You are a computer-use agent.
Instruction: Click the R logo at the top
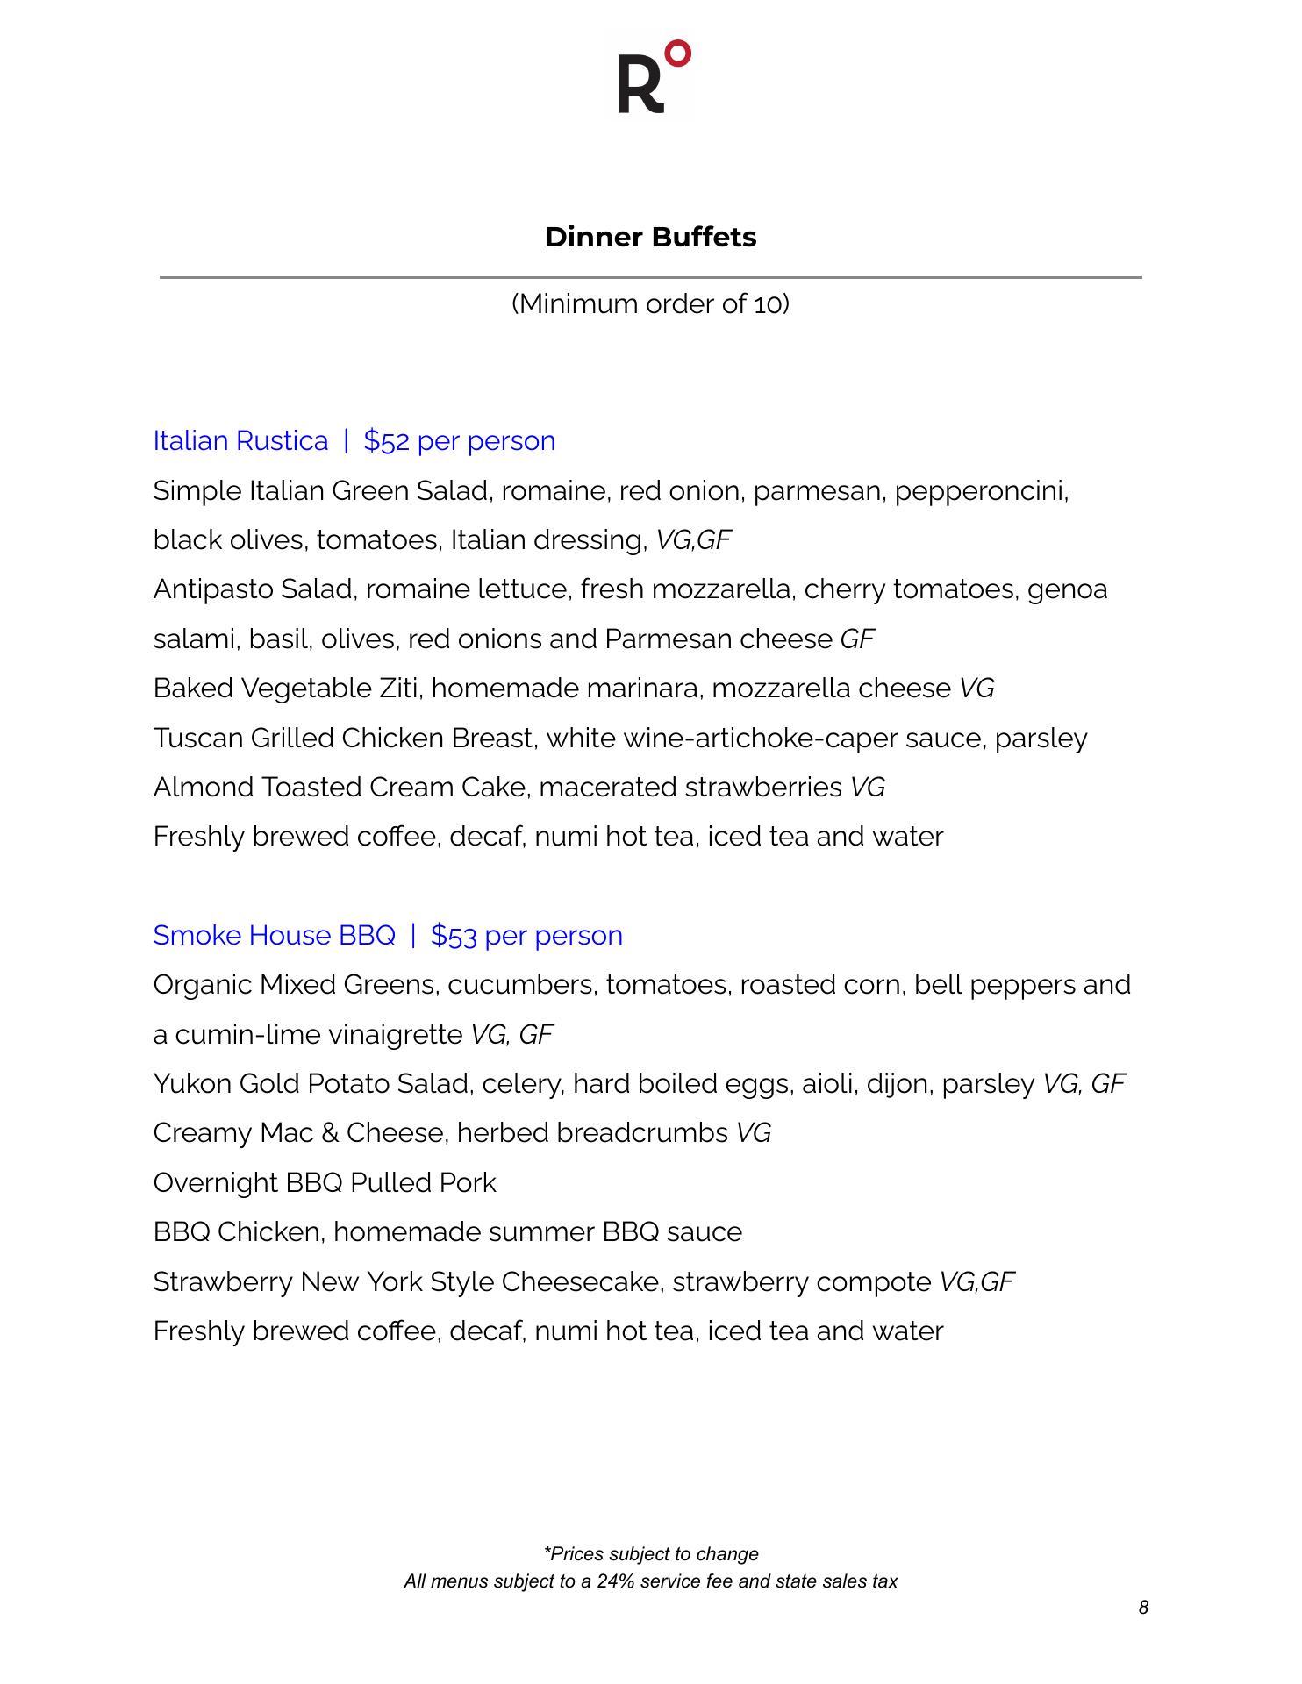(651, 77)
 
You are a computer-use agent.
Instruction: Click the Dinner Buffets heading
(650, 237)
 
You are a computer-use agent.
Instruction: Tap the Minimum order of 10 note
(650, 304)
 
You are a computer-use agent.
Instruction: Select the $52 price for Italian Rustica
(386, 440)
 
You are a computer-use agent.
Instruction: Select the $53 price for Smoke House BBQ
(454, 935)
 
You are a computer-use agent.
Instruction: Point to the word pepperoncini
(981, 490)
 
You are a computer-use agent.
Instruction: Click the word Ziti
(400, 688)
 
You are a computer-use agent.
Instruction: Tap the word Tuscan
(198, 738)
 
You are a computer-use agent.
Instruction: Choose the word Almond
(204, 787)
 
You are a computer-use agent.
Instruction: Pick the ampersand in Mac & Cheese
(330, 1133)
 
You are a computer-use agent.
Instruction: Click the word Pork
(468, 1182)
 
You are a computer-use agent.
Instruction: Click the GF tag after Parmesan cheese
(857, 639)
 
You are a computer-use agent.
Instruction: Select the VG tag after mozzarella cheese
(976, 688)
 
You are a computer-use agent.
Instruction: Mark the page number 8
(1143, 1607)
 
